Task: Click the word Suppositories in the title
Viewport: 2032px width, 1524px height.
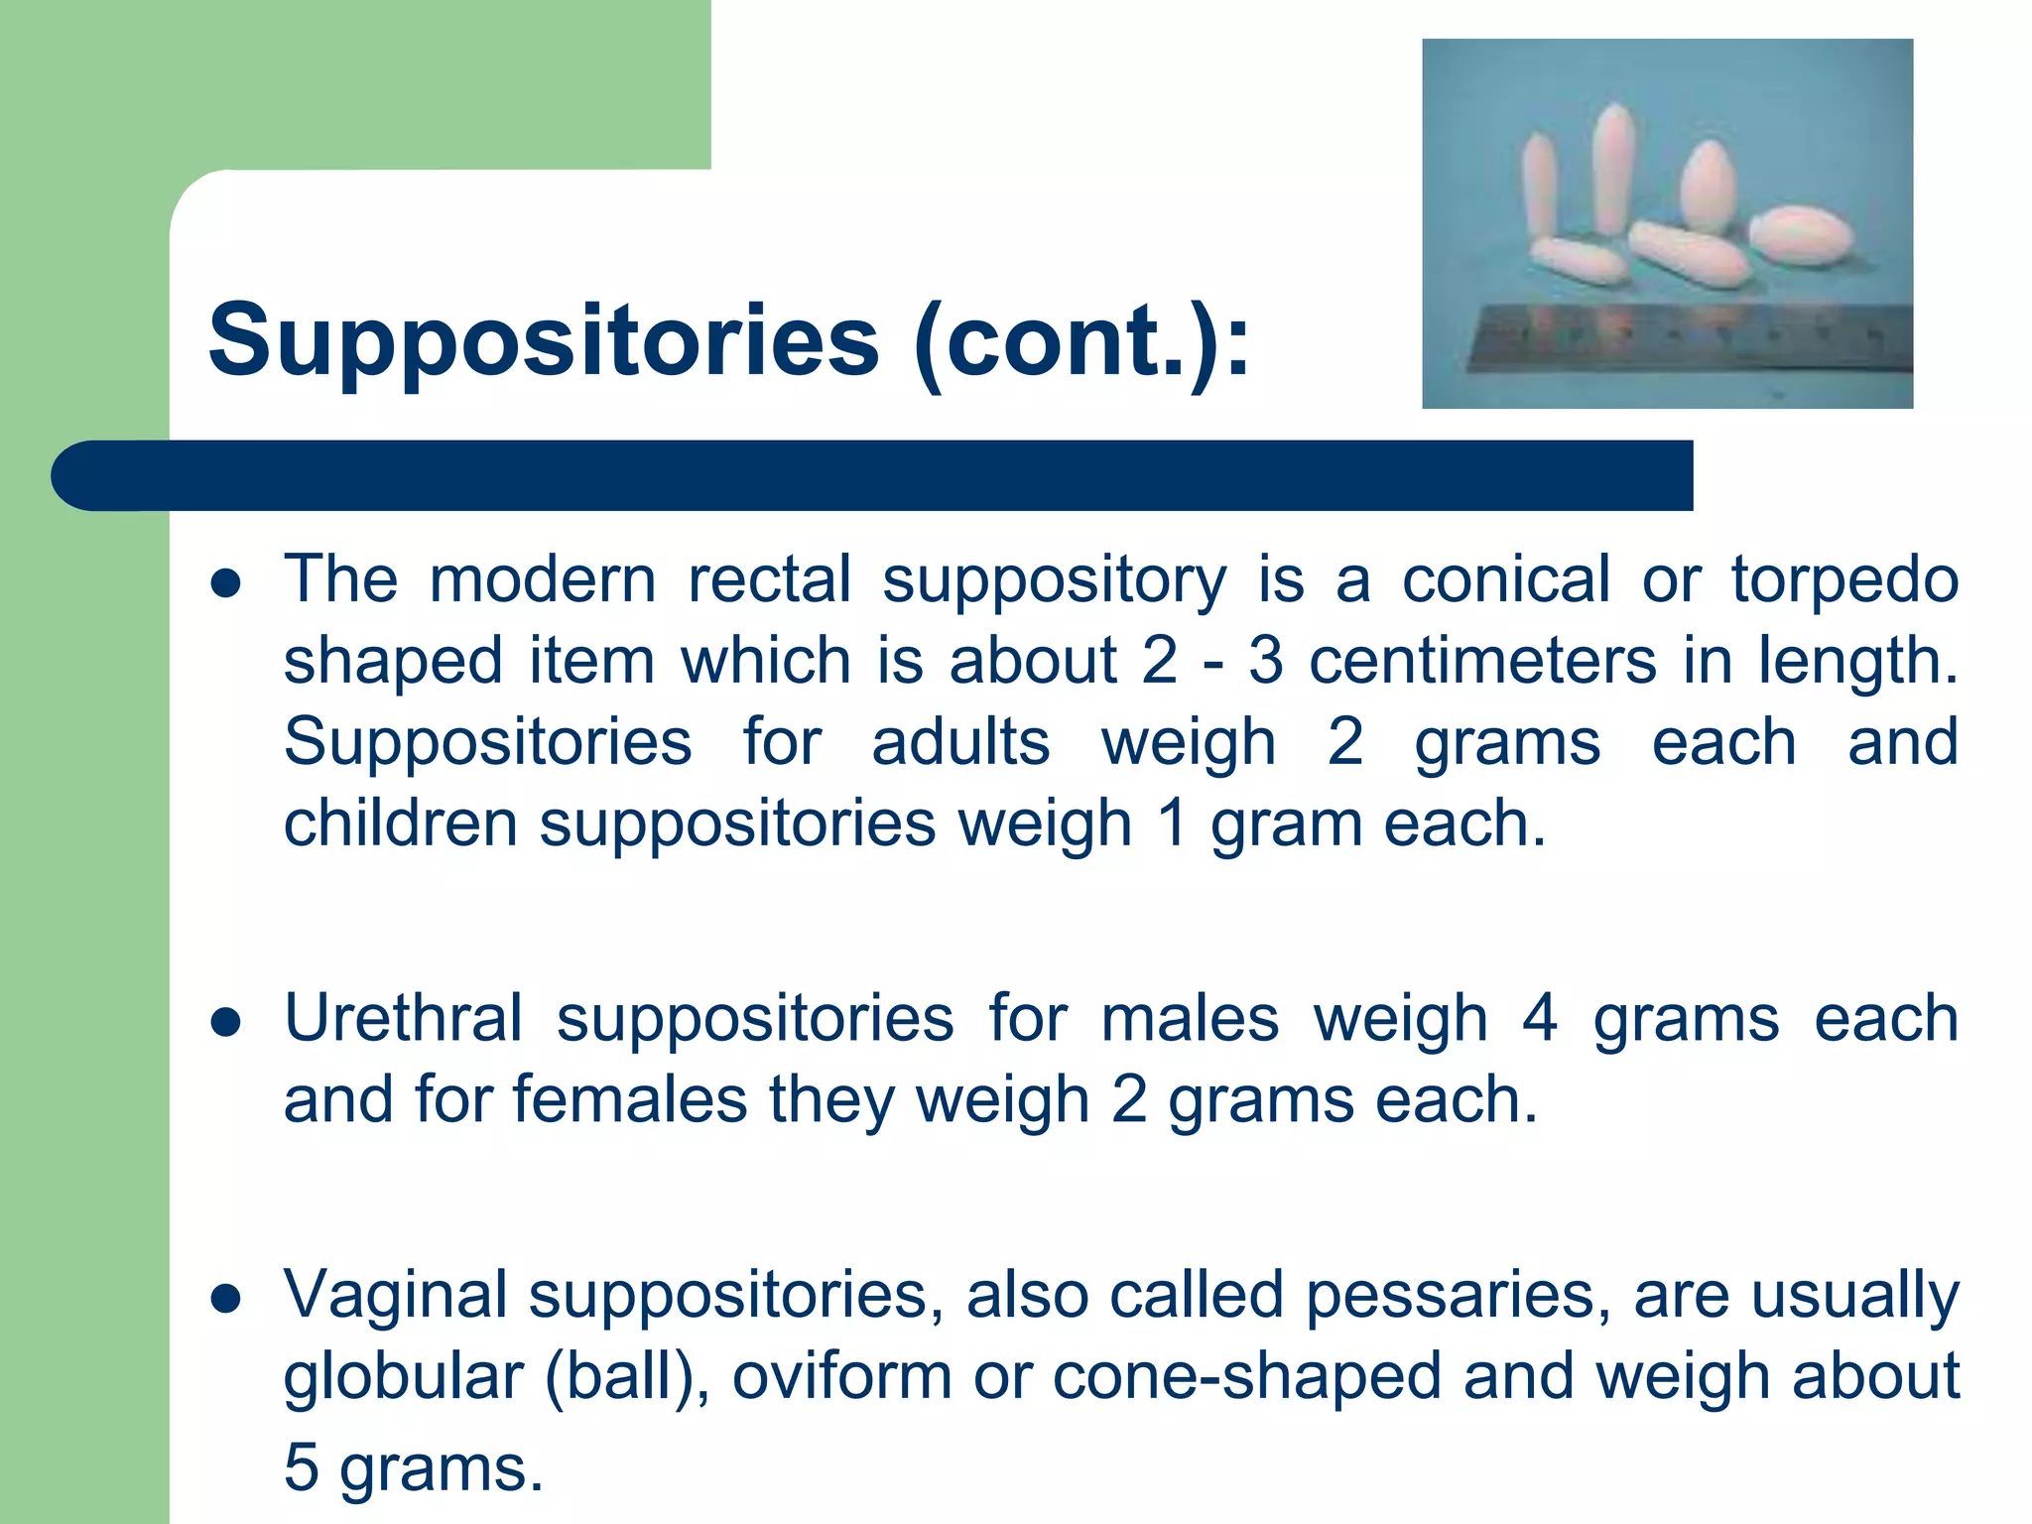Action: pos(544,341)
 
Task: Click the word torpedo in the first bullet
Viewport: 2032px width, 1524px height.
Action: pos(1844,579)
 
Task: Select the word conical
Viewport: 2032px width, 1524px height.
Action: pos(1505,579)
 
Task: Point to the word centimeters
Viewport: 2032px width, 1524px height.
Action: pos(1482,661)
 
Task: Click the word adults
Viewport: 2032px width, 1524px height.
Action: pos(960,742)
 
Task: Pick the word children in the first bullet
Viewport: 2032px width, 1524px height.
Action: pos(400,824)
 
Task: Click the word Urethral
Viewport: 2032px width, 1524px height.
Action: pos(403,1019)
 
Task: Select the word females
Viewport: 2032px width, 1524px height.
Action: pos(629,1100)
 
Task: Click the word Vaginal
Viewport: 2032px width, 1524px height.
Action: pos(395,1295)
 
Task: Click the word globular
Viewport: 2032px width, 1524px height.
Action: pos(403,1377)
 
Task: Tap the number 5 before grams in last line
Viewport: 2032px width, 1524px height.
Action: pos(301,1467)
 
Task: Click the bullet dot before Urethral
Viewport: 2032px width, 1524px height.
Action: pos(226,1022)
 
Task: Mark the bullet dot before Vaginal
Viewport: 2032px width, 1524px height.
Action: pos(226,1298)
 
